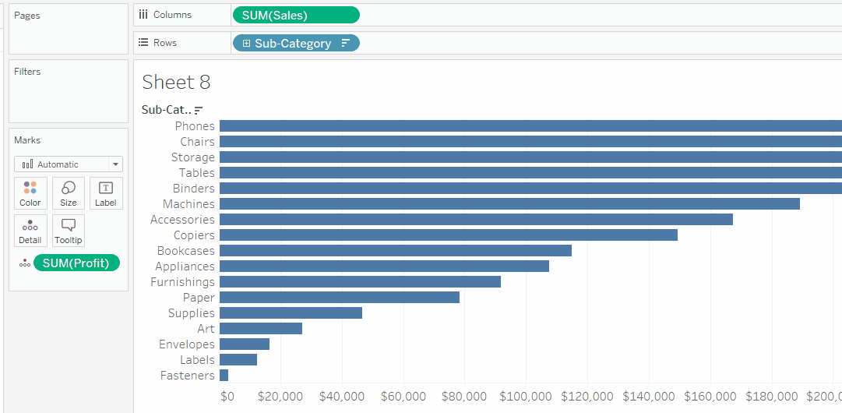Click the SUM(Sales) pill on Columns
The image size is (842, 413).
point(296,15)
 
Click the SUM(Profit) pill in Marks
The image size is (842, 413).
point(76,263)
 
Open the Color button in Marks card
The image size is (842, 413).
point(30,193)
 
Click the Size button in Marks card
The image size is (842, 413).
point(69,193)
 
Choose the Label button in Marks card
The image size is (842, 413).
point(106,193)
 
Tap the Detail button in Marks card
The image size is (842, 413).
point(30,231)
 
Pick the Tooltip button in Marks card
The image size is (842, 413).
point(69,231)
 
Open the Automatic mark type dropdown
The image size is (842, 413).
point(69,164)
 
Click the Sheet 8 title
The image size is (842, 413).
point(176,83)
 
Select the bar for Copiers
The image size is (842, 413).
point(448,235)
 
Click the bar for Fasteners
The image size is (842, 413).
point(224,376)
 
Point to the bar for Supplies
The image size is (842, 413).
point(291,313)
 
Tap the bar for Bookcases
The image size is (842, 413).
point(395,251)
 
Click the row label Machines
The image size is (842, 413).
point(188,204)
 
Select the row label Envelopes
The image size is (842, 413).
point(186,344)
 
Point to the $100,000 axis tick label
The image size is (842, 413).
point(526,397)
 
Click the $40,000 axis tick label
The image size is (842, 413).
point(342,397)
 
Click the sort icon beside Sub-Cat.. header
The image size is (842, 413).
point(199,111)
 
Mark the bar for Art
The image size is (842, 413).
point(260,329)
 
